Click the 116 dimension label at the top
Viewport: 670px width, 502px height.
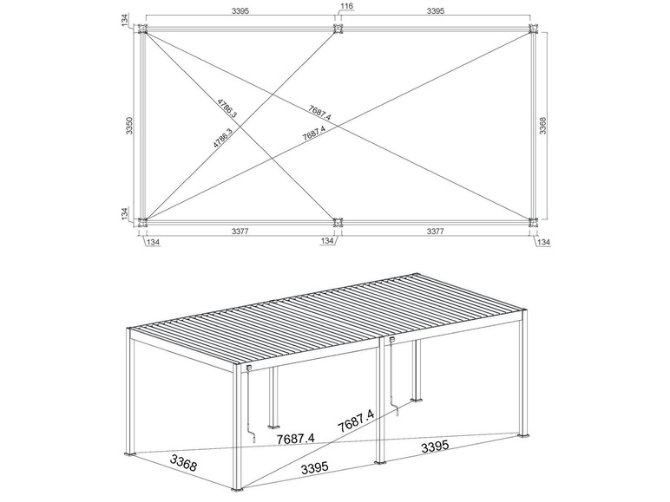pos(347,5)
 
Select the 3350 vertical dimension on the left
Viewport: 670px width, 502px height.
pos(130,126)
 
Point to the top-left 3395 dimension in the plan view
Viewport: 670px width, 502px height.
pos(240,11)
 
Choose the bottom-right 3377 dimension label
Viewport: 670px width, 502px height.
pos(436,231)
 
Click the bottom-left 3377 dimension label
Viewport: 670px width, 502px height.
pos(240,231)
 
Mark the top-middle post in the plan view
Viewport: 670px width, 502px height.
pos(338,29)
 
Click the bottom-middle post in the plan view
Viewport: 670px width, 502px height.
pos(338,222)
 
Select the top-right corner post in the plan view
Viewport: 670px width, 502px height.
pos(533,29)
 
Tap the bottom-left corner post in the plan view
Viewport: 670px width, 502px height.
pos(142,222)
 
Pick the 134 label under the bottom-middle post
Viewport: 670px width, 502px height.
pos(327,241)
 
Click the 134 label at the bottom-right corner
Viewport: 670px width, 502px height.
pos(543,243)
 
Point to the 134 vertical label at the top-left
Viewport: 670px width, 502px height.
pos(125,20)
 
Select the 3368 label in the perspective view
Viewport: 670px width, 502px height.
pos(183,463)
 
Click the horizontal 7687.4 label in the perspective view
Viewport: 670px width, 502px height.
pos(295,439)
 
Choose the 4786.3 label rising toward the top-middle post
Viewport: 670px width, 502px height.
pos(223,138)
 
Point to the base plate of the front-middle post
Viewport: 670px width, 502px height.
pos(380,462)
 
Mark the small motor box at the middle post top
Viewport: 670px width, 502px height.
pos(391,340)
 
